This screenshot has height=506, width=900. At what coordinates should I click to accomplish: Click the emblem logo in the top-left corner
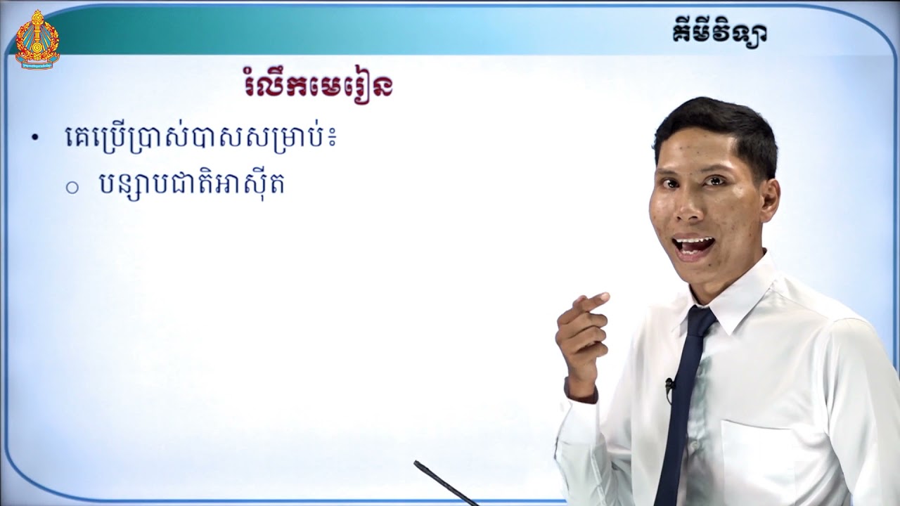point(37,39)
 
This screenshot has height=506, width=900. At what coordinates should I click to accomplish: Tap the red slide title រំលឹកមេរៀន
point(315,87)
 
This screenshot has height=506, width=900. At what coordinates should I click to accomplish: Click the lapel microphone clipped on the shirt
point(669,385)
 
